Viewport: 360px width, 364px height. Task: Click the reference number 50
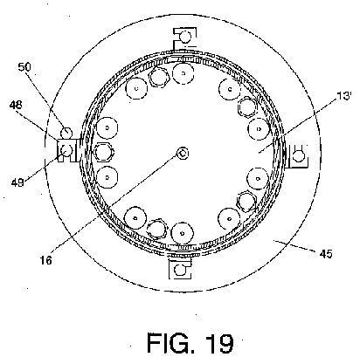24,67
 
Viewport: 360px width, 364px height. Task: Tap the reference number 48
17,105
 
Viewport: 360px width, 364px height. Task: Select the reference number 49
17,182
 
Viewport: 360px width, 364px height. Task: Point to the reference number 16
46,260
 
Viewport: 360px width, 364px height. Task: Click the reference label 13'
344,96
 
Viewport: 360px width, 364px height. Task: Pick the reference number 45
326,254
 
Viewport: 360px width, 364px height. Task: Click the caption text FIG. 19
190,343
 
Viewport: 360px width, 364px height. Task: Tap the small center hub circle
183,153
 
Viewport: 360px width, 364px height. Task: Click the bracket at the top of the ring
184,38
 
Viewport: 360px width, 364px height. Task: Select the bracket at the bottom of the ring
180,268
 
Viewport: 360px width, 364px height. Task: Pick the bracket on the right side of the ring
297,155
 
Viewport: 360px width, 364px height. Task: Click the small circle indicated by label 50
66,133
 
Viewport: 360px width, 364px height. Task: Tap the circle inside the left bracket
66,150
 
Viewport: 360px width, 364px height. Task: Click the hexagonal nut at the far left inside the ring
105,152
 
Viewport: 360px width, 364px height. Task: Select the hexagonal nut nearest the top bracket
159,77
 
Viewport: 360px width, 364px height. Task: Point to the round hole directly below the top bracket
183,73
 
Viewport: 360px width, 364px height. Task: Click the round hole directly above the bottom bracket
183,233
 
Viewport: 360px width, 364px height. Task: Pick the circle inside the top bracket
185,37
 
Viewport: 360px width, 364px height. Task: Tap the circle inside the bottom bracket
180,270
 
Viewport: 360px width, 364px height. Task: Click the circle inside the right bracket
298,156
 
